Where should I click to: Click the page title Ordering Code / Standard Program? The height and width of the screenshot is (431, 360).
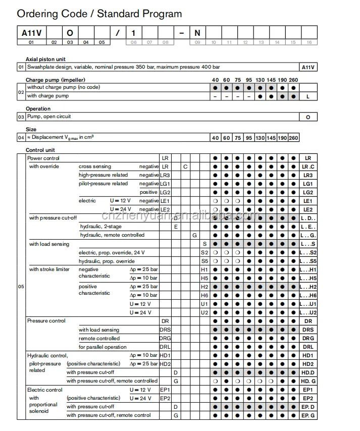point(99,14)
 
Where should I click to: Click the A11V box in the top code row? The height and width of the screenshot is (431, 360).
point(31,33)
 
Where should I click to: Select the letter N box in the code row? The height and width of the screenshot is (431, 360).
point(197,33)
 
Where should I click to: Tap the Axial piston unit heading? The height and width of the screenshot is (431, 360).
point(46,60)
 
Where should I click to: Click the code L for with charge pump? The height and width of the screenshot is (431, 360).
point(308,96)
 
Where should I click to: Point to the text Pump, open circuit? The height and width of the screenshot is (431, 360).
point(49,117)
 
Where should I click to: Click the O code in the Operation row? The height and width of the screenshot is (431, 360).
point(308,117)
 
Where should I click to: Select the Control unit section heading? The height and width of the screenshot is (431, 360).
point(40,150)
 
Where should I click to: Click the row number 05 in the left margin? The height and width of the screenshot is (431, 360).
point(21,287)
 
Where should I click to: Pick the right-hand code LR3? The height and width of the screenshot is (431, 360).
point(308,175)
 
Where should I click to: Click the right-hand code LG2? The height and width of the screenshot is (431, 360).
point(308,192)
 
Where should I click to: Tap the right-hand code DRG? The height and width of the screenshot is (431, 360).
point(308,338)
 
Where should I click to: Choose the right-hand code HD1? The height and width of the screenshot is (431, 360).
point(308,355)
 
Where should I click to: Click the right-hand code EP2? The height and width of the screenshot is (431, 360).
point(308,398)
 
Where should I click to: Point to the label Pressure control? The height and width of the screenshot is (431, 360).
point(46,321)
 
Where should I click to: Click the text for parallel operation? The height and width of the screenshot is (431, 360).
point(103,347)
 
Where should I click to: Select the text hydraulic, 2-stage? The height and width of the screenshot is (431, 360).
point(101,227)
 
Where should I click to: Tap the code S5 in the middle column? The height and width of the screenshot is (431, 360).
point(204,261)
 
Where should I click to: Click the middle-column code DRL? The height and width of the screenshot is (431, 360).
point(165,347)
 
